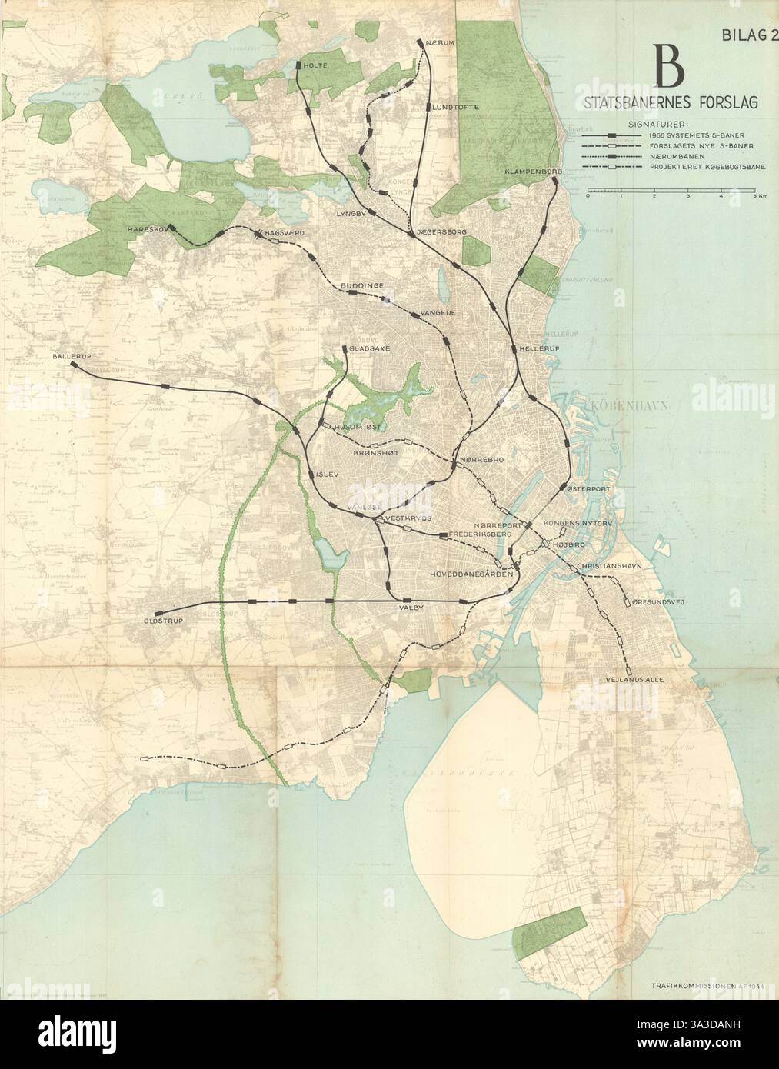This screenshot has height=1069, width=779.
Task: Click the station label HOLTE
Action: (315, 65)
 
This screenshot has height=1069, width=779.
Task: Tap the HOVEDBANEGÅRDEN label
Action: (470, 573)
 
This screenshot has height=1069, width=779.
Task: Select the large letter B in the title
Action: (667, 68)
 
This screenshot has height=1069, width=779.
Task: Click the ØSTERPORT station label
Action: (588, 488)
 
